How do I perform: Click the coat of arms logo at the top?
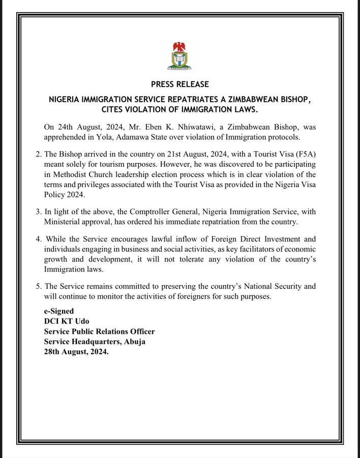tap(179, 56)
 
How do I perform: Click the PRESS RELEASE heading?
tap(179, 84)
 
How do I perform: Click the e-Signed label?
tap(58, 310)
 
